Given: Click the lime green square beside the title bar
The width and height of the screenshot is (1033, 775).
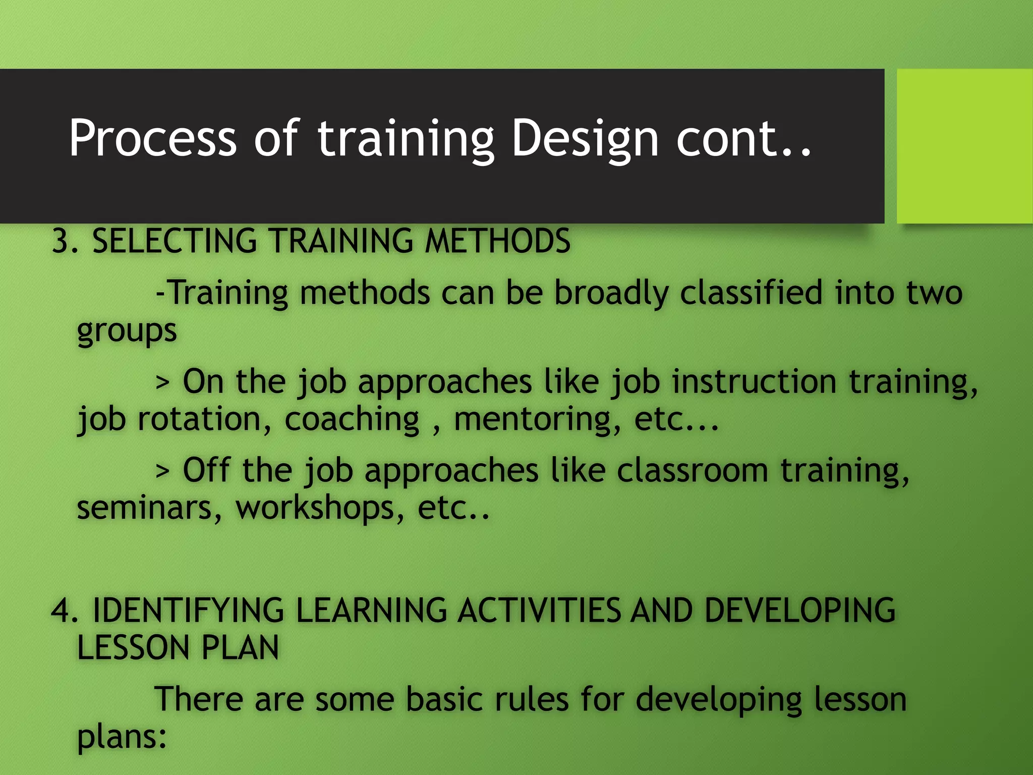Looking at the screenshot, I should pos(964,146).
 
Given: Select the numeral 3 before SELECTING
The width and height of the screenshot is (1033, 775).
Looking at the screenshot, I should pos(61,241).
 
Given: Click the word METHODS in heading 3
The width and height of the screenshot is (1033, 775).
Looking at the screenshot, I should pos(497,241).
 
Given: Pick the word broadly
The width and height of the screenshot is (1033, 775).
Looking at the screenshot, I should pos(611,294).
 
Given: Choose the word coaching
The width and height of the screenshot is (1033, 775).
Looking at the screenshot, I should pos(352,420).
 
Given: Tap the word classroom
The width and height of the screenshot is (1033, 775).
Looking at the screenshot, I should pos(692,470).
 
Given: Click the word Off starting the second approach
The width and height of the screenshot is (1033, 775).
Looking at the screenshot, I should pos(206,470).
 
